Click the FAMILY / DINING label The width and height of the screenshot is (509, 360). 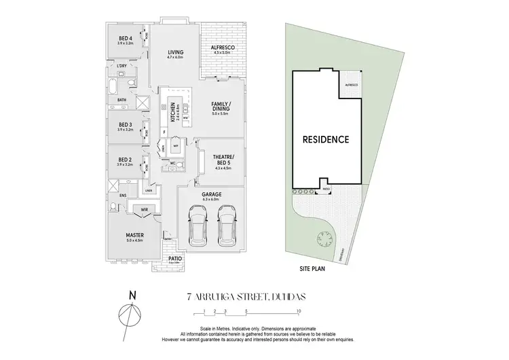click(221, 108)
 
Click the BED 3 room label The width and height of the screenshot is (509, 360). click(125, 126)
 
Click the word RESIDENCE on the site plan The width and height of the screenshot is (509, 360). click(326, 139)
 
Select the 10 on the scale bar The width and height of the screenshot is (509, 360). click(298, 312)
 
